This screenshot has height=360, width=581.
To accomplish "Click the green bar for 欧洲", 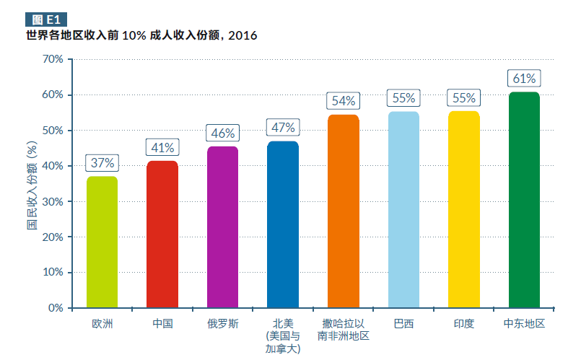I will [x=102, y=242].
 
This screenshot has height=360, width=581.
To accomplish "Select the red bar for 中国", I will [x=162, y=234].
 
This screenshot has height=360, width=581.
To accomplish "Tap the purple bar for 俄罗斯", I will [x=222, y=227].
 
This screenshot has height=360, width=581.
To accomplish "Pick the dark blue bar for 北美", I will [x=283, y=224].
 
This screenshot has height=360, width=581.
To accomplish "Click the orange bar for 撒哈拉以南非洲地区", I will [x=343, y=211].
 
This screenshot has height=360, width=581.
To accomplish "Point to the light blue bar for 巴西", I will [x=403, y=210].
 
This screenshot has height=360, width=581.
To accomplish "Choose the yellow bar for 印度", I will [x=463, y=209].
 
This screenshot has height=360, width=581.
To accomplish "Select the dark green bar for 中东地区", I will [x=524, y=200].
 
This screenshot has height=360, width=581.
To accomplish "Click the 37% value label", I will [x=102, y=163].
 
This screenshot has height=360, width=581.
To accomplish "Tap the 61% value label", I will [x=524, y=79].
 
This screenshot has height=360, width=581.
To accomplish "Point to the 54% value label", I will [x=343, y=101].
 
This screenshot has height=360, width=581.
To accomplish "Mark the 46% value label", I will [x=222, y=133].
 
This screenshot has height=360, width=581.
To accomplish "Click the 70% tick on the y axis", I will [x=53, y=59].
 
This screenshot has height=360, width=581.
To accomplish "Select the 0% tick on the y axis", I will [x=56, y=308].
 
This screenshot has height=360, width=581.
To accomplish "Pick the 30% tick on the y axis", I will [x=53, y=201].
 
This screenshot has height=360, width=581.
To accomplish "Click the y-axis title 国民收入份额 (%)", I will [x=32, y=183].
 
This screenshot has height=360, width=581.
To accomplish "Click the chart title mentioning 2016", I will [x=141, y=35].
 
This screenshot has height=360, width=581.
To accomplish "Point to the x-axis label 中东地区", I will [x=524, y=324].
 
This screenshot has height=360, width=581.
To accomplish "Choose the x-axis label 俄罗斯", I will [x=222, y=324].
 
